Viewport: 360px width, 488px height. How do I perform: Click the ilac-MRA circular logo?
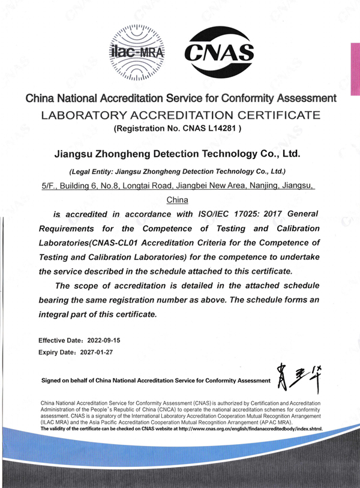(137, 53)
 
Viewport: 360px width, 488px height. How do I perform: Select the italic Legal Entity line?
(177, 171)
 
